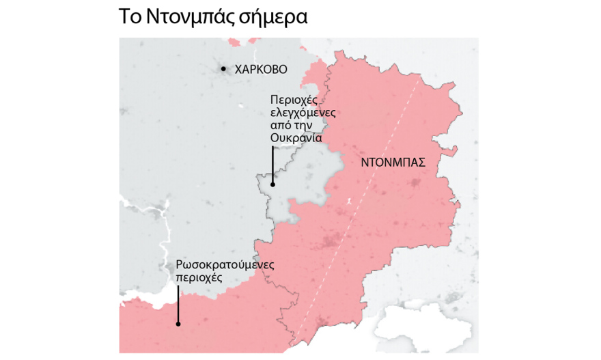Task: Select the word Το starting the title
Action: click(132, 17)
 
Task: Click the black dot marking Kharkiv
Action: click(223, 69)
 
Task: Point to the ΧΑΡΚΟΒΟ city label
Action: click(261, 69)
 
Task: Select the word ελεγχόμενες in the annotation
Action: click(303, 113)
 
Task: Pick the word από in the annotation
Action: click(280, 126)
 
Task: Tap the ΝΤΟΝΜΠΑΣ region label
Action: click(393, 163)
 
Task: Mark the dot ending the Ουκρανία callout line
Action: click(272, 183)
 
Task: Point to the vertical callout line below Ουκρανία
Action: click(272, 164)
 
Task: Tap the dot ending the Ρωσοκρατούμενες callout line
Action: click(178, 323)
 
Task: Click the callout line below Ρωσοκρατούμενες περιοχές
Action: click(178, 304)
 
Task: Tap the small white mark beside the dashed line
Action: click(348, 201)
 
